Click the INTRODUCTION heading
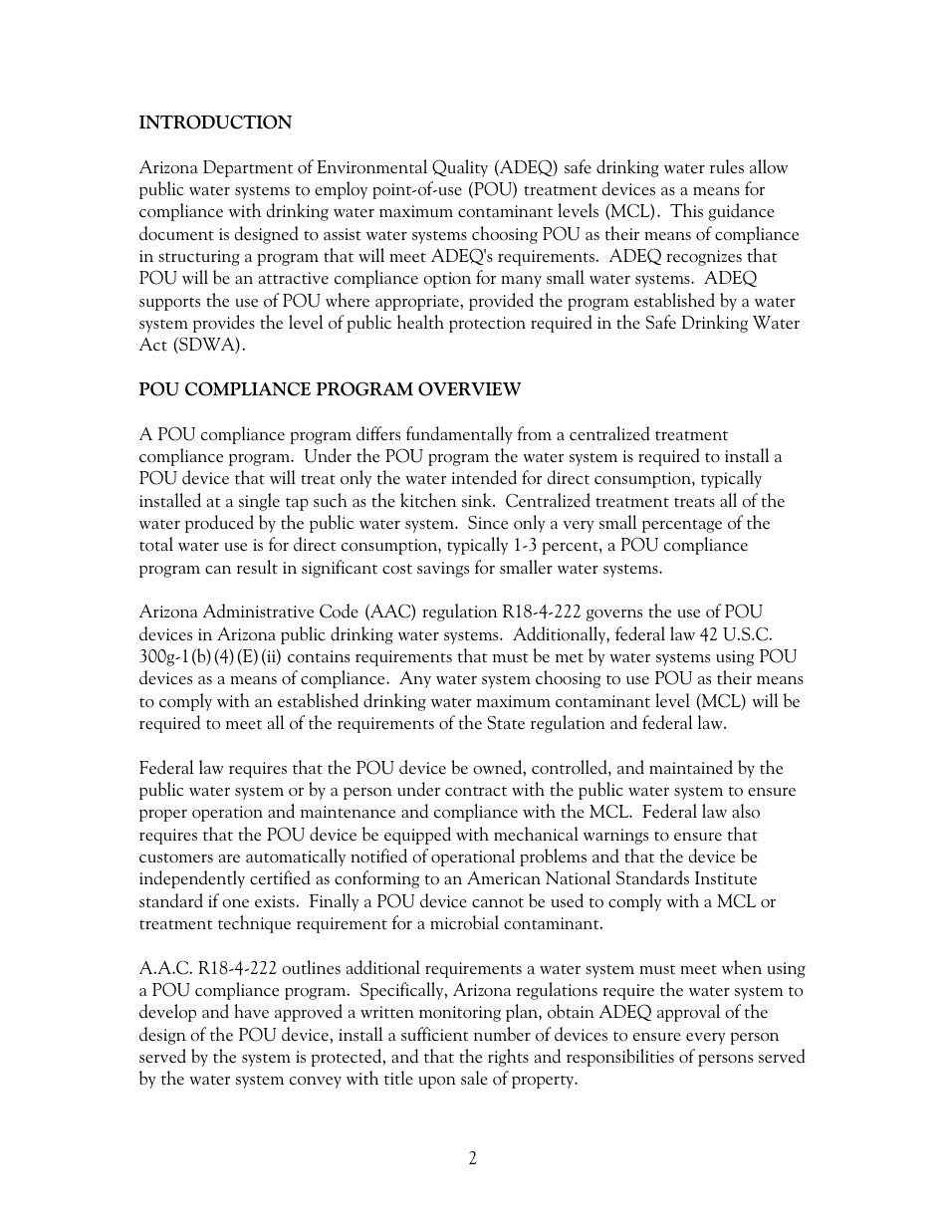pyautogui.click(x=215, y=123)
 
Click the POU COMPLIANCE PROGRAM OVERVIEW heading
pyautogui.click(x=330, y=390)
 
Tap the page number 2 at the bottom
pyautogui.click(x=473, y=1158)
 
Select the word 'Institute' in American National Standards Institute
pyautogui.click(x=722, y=879)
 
